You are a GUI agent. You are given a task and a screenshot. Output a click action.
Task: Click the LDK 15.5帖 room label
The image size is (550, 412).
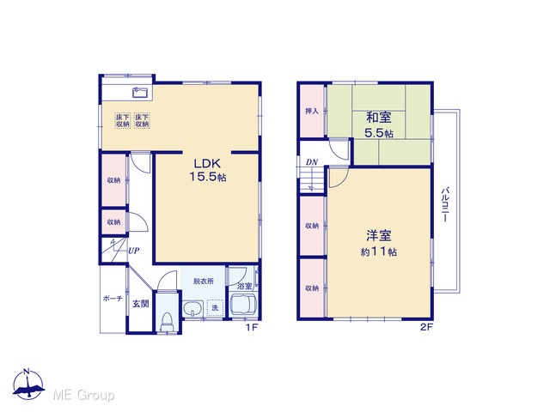[x=208, y=170]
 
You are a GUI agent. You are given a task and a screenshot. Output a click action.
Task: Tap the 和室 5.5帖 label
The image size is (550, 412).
[x=379, y=124]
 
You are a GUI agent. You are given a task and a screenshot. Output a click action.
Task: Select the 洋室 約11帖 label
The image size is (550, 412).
[x=379, y=243]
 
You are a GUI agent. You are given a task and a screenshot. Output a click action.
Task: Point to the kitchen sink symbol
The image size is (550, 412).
[x=141, y=92]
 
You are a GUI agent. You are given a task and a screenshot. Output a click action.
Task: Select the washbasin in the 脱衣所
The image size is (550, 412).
[x=192, y=309]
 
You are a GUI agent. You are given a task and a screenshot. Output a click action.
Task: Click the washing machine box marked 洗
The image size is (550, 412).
[x=215, y=307]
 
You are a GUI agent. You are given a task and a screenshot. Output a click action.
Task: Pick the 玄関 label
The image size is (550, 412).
[x=140, y=304]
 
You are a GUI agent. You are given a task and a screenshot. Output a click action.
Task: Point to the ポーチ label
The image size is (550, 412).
[x=113, y=299]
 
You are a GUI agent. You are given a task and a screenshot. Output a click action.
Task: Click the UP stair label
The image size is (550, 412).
[x=134, y=251]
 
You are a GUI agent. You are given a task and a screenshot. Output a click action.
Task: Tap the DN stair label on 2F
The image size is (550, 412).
[x=311, y=162]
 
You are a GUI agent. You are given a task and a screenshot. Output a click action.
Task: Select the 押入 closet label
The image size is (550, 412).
[x=312, y=112]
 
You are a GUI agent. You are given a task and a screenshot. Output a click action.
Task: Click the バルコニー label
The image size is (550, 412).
[x=445, y=205]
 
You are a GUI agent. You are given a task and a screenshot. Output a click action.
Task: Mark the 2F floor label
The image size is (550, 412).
[x=426, y=328]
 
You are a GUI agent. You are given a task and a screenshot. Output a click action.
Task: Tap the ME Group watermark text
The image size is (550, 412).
[x=83, y=395]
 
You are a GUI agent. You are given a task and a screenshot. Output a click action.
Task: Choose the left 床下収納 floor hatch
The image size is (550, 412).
[x=122, y=120]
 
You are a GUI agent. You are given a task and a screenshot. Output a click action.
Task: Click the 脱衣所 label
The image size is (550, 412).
[x=204, y=282]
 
